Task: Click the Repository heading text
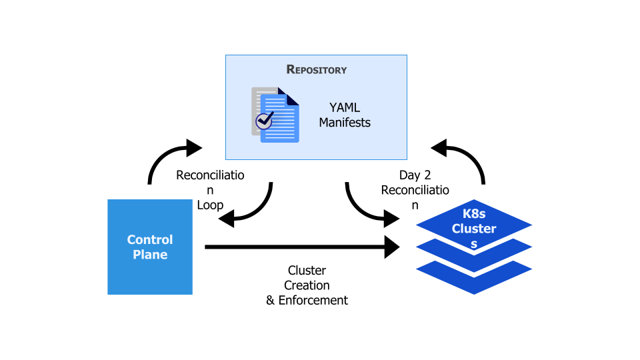coord(316,69)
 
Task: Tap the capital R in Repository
coord(290,69)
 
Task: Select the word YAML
coord(345,107)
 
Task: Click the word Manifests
coord(345,123)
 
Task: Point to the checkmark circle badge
coord(265,121)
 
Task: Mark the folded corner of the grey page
coord(281,90)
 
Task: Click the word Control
coord(150,239)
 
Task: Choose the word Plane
coord(150,255)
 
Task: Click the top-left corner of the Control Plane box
coord(109,201)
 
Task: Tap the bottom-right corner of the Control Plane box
coord(191,293)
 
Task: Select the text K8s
coord(474,214)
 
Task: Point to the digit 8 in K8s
coord(474,214)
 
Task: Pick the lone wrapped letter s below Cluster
coord(474,244)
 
